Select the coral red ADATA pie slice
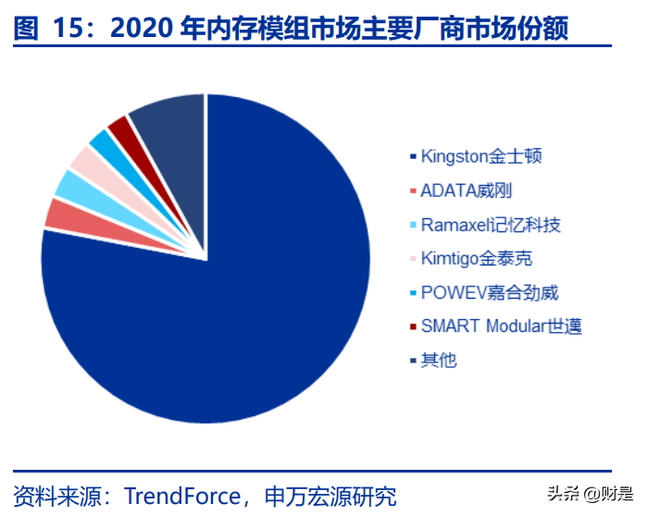point(60,214)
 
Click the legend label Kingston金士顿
point(480,155)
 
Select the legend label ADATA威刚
point(466,190)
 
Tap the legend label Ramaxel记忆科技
point(491,225)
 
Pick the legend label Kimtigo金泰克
point(476,258)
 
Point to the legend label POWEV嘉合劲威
point(490,292)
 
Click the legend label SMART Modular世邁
point(501,326)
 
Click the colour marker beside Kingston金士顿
point(412,156)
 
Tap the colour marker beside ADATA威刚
point(412,190)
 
